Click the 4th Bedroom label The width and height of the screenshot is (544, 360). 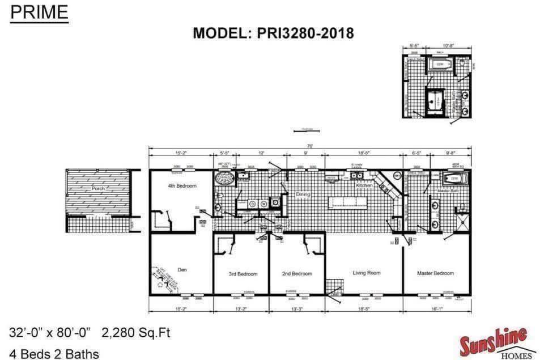pyautogui.click(x=182, y=186)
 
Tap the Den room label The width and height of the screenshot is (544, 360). pyautogui.click(x=182, y=270)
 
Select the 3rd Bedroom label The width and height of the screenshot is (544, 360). pyautogui.click(x=243, y=274)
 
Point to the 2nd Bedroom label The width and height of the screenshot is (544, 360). pyautogui.click(x=297, y=274)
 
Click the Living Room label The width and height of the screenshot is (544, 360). pyautogui.click(x=366, y=273)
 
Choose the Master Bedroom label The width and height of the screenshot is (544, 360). pyautogui.click(x=435, y=273)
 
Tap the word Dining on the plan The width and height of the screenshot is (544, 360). pyautogui.click(x=304, y=194)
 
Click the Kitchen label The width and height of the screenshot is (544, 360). pyautogui.click(x=363, y=185)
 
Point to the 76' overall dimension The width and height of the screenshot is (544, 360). pyautogui.click(x=309, y=146)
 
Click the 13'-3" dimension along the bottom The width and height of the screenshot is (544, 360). pyautogui.click(x=297, y=309)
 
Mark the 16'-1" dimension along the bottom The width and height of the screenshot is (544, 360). pyautogui.click(x=436, y=309)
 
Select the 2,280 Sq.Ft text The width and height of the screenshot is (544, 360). pyautogui.click(x=136, y=332)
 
